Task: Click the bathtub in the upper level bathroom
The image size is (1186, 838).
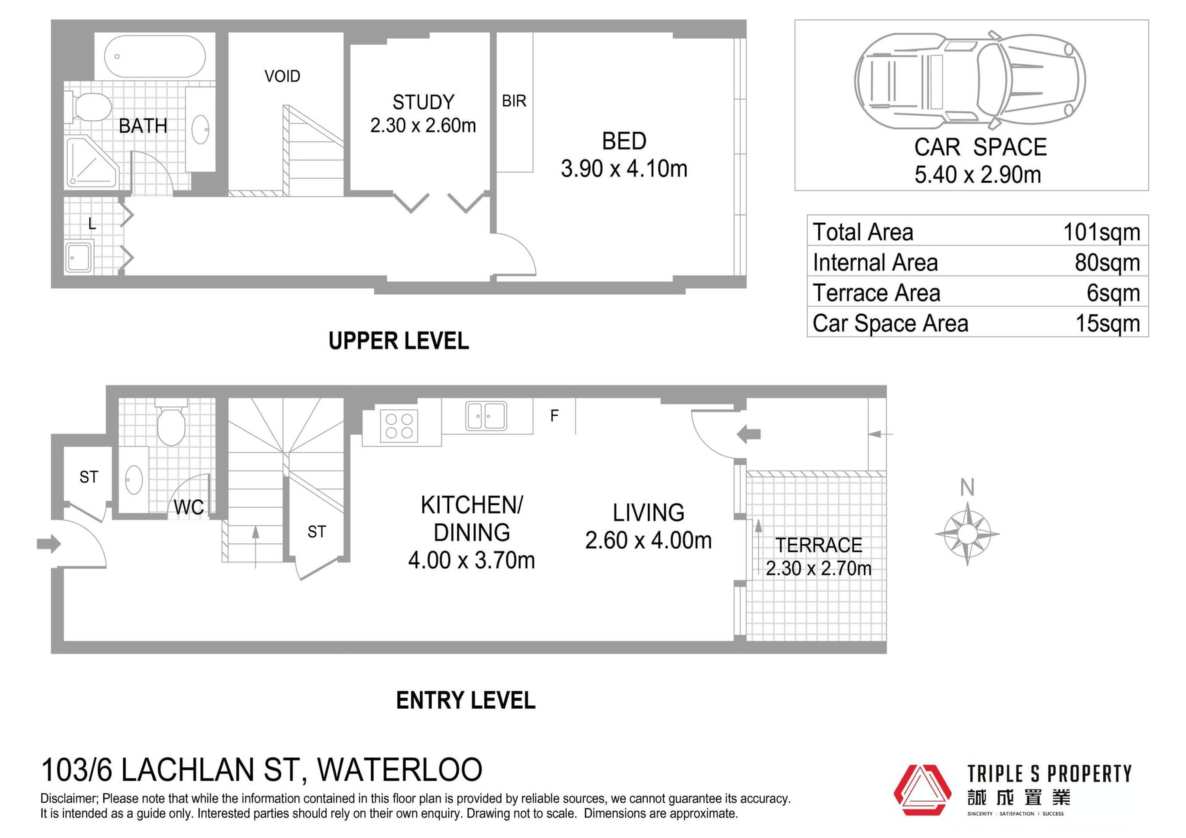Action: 154,56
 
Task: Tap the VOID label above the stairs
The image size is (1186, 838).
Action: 282,76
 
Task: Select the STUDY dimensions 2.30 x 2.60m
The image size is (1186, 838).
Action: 423,125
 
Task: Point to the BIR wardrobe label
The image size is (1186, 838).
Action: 514,101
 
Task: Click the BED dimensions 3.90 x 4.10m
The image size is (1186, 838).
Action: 624,169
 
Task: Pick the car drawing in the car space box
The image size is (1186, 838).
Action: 970,80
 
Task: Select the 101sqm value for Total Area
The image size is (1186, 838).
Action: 1101,232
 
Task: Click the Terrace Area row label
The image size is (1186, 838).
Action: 876,293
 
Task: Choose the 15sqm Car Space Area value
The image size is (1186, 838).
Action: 1108,323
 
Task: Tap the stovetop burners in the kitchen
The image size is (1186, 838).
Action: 399,426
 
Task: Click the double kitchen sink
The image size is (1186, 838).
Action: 486,416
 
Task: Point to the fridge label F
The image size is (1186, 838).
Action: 554,416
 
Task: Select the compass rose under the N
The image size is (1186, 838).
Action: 967,534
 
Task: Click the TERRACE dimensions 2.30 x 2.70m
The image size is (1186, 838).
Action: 818,568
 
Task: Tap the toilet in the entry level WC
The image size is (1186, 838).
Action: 171,421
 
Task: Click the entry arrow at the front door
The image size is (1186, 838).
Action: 49,544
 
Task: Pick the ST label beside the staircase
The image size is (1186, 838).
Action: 316,532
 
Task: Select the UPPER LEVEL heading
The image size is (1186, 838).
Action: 398,341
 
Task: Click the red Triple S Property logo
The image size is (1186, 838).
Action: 922,790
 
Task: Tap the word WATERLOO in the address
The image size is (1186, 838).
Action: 400,770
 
